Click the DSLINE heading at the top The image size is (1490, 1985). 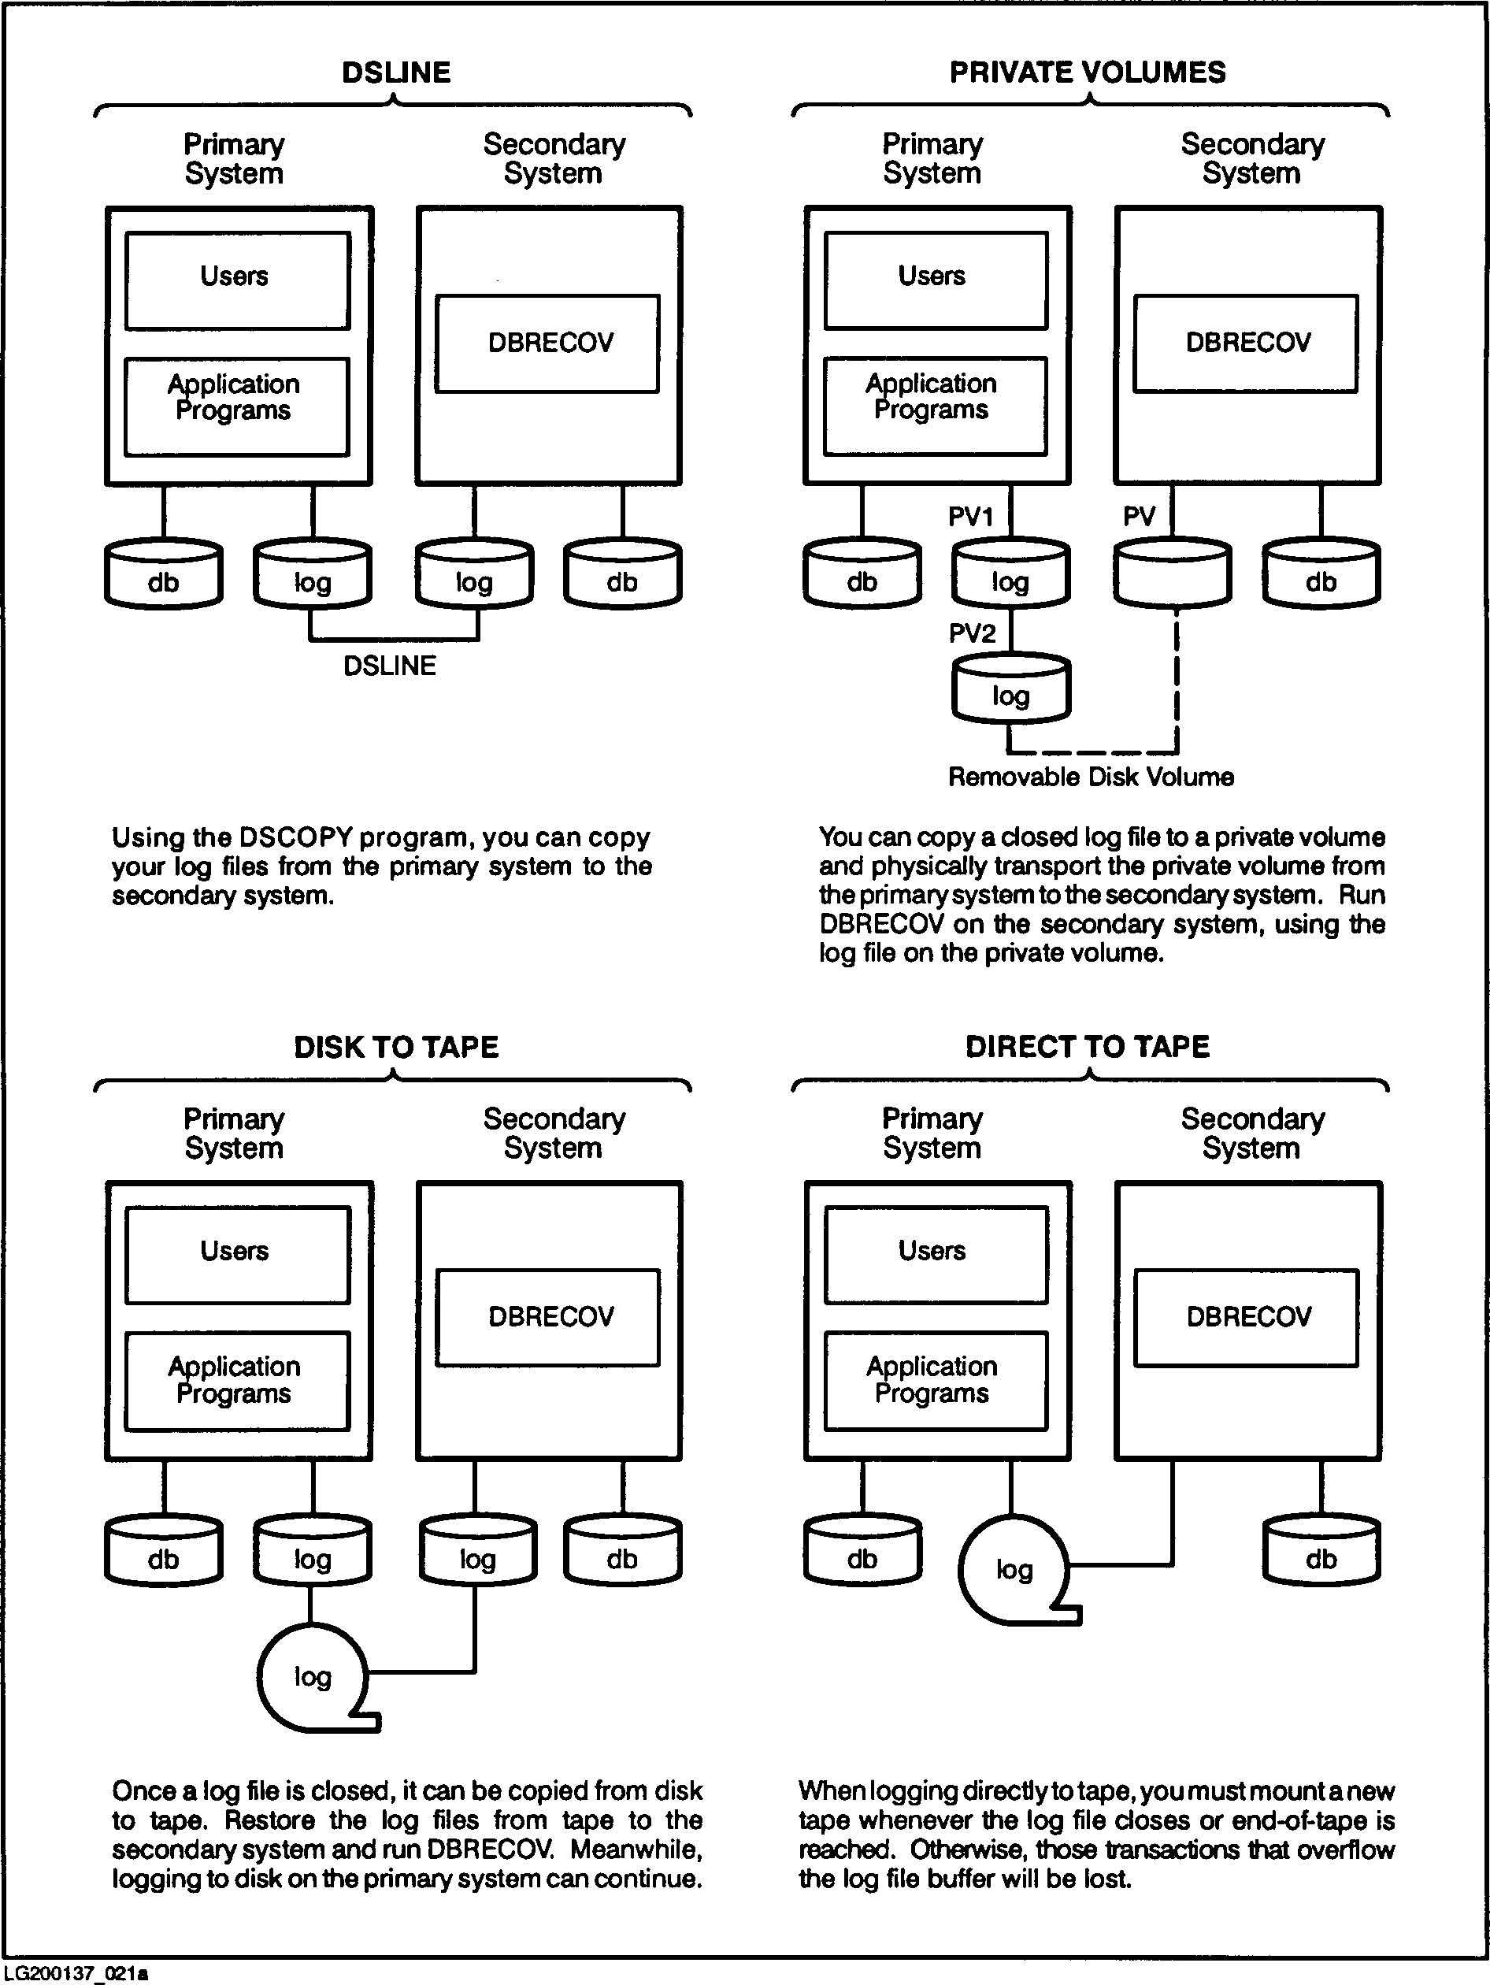[395, 72]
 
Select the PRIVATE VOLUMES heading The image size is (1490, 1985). [1088, 72]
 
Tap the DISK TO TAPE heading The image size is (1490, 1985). [395, 1047]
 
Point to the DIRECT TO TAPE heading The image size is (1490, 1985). [1088, 1047]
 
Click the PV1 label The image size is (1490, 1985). [970, 517]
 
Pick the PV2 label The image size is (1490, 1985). [972, 633]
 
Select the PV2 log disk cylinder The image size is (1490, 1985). [1011, 690]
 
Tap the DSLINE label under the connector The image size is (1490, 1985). [389, 666]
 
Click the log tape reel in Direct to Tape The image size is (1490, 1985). [1014, 1570]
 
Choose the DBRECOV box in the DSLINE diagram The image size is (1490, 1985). [548, 343]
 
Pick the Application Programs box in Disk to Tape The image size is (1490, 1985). [237, 1380]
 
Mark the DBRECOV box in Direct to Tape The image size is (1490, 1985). [1247, 1317]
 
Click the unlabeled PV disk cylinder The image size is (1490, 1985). [1172, 575]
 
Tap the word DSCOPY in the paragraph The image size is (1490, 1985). [295, 837]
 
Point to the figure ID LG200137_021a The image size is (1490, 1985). [76, 1973]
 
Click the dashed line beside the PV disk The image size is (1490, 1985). [1176, 682]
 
